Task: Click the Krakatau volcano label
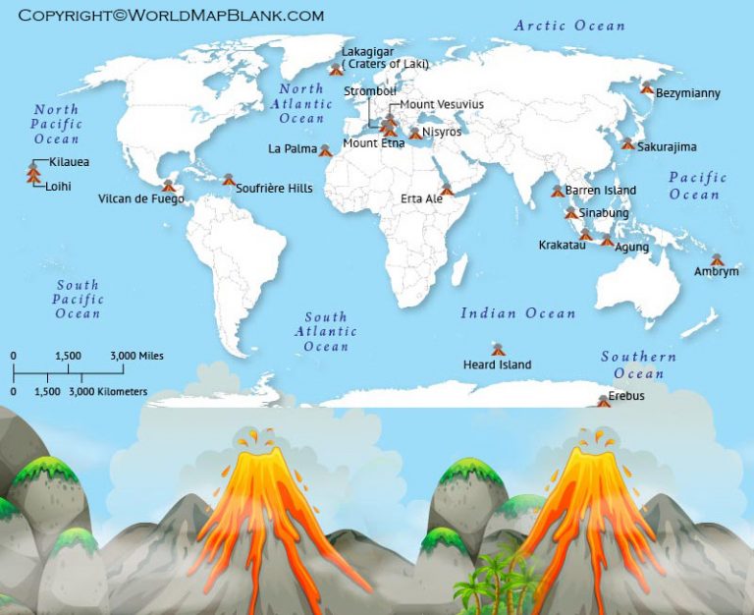pyautogui.click(x=562, y=245)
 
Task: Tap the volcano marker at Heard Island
pyautogui.click(x=499, y=349)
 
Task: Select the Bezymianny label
pyautogui.click(x=687, y=93)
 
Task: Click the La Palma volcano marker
pyautogui.click(x=325, y=150)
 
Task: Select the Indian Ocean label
pyautogui.click(x=518, y=313)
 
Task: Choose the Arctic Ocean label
pyautogui.click(x=569, y=26)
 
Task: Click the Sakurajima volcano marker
pyautogui.click(x=627, y=143)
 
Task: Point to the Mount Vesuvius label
pyautogui.click(x=442, y=104)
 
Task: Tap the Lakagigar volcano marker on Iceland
pyautogui.click(x=336, y=69)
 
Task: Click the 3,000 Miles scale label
pyautogui.click(x=136, y=356)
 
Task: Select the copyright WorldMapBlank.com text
pyautogui.click(x=171, y=16)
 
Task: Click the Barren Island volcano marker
pyautogui.click(x=558, y=190)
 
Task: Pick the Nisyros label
pyautogui.click(x=442, y=131)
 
